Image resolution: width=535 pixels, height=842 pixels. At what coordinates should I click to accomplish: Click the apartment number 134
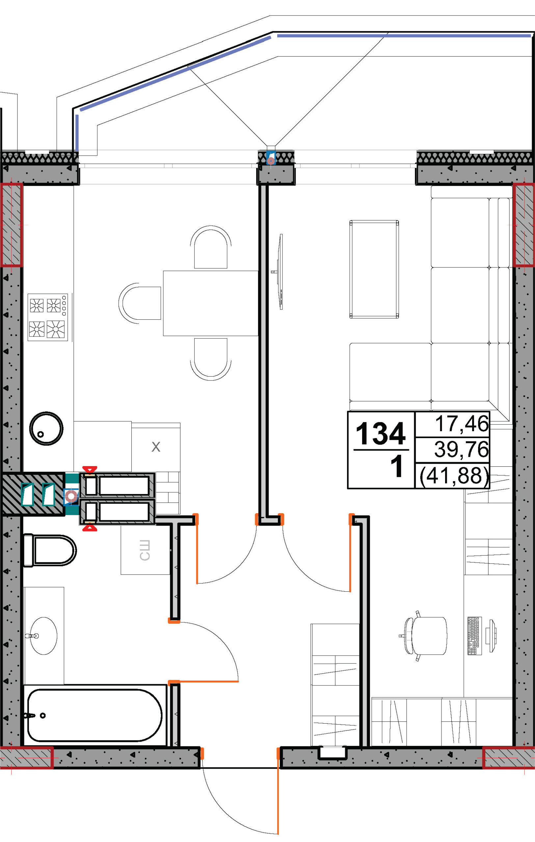(x=380, y=433)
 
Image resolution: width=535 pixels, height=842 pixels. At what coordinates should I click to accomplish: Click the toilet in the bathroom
(x=49, y=550)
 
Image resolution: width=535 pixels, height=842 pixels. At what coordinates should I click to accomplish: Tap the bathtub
(x=94, y=715)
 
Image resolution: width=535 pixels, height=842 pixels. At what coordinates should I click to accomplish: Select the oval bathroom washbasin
(x=43, y=636)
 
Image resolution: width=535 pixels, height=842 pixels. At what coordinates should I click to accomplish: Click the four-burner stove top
(x=48, y=317)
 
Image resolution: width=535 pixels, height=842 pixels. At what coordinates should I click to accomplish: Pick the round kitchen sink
(x=46, y=428)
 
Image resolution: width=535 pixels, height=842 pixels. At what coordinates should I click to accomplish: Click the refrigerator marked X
(x=156, y=447)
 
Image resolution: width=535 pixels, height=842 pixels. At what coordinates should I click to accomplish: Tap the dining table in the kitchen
(x=211, y=303)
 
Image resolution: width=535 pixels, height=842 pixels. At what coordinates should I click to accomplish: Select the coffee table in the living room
(x=374, y=269)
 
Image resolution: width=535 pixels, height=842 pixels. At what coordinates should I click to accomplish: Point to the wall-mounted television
(x=280, y=272)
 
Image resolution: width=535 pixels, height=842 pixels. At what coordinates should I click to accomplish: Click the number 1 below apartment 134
(x=396, y=466)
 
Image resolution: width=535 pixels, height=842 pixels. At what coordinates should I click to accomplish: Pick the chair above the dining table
(x=211, y=248)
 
